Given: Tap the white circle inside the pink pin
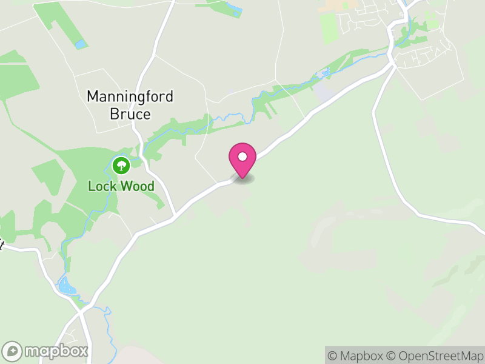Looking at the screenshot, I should point(242,157).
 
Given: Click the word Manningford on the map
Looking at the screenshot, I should point(130,96).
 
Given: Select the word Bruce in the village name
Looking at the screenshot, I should point(130,113).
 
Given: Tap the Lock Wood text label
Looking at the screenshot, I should point(121,186).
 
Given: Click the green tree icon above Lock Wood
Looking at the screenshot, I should point(121,164).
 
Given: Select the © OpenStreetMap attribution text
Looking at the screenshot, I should point(436,356).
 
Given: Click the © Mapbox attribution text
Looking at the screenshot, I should point(358,356).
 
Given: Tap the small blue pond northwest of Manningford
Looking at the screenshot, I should point(80,44).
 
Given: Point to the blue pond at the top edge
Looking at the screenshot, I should point(234,10).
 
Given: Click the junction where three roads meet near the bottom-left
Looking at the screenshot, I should point(81,312).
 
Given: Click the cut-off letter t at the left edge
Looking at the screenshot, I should point(2,246).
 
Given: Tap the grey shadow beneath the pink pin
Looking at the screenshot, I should point(242,179).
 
